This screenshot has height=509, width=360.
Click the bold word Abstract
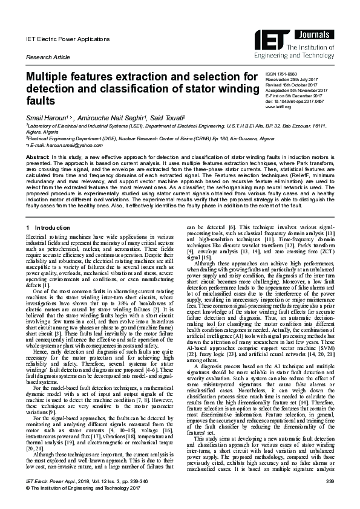pos(37,157)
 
